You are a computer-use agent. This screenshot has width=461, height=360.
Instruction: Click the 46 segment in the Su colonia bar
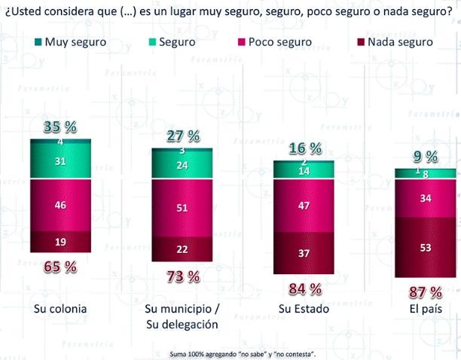[60, 205]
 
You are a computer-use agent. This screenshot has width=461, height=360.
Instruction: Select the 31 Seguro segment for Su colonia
[60, 161]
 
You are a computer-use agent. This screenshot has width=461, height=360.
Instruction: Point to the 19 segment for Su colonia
[60, 242]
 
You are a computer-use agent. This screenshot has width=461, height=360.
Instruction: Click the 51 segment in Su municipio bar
[182, 209]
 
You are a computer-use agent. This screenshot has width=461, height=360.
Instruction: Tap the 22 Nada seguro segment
[182, 249]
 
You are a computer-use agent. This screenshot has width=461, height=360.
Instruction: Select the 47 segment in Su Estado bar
[304, 206]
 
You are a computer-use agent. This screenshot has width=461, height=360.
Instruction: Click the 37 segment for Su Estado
[304, 254]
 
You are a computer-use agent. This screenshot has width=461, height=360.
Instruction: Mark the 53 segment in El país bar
[426, 248]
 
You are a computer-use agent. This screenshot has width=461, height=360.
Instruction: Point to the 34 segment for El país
[426, 199]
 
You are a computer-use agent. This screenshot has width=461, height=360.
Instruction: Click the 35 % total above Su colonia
[60, 126]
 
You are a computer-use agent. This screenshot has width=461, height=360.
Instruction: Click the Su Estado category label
[304, 310]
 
